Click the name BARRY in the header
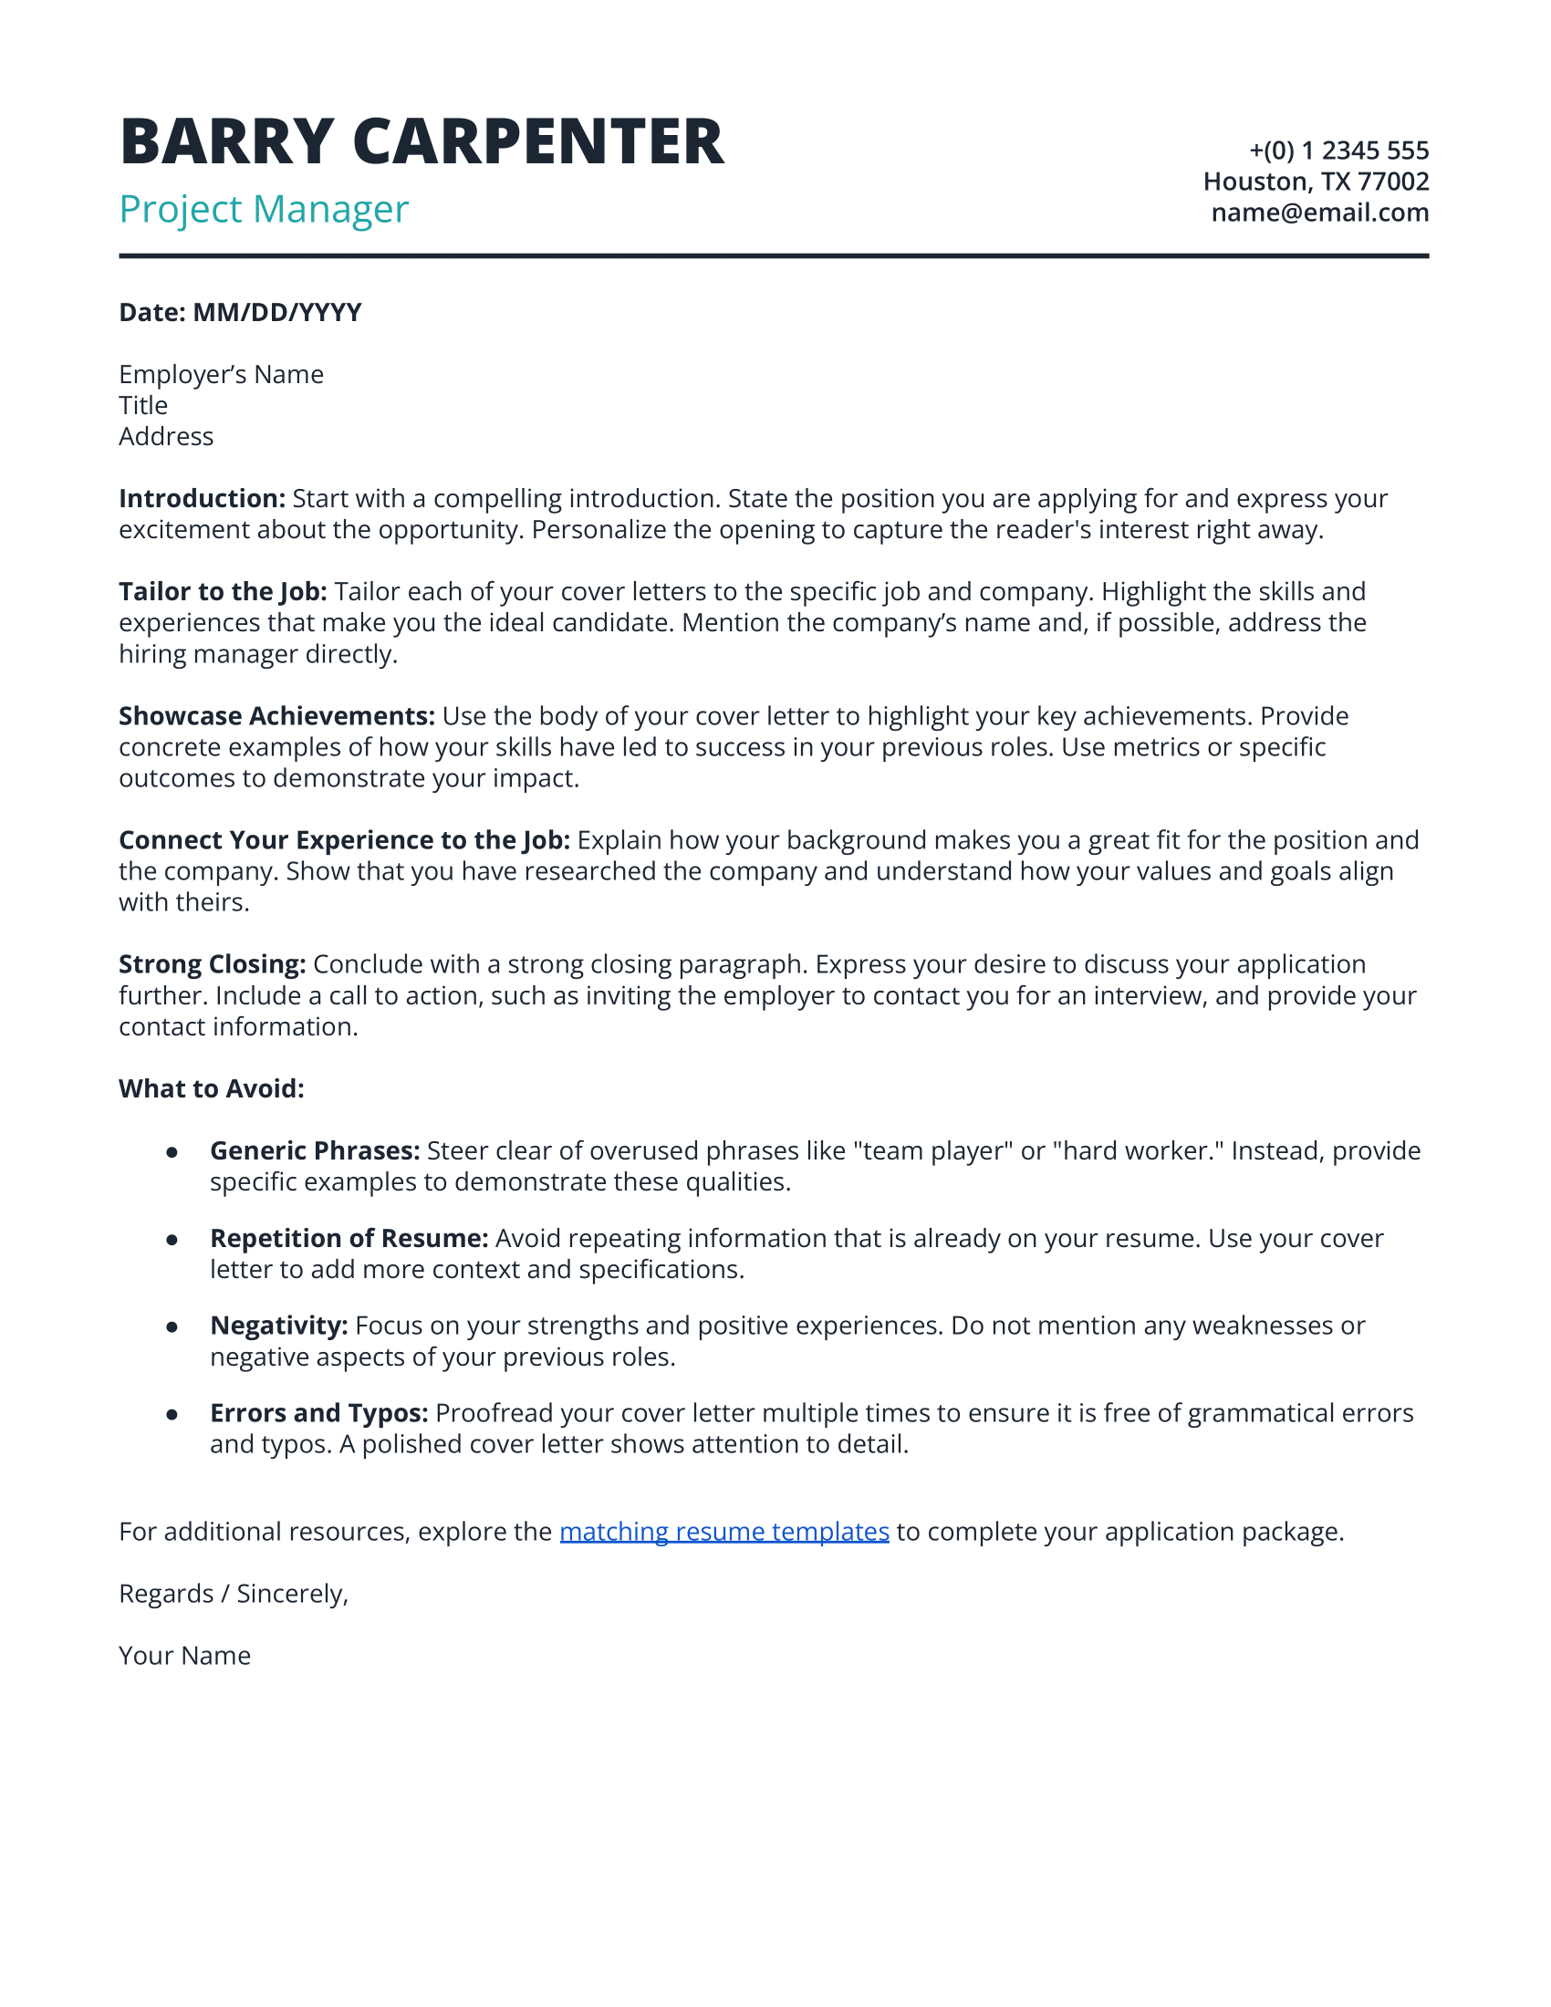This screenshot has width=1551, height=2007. point(226,142)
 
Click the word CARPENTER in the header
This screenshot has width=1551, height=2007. point(538,142)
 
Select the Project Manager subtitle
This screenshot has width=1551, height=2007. point(264,210)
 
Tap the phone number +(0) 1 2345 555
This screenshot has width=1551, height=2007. point(1338,150)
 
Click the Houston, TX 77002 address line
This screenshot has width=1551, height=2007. point(1316,181)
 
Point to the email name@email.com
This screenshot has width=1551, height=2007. point(1319,213)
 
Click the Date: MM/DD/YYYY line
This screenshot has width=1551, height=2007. point(240,312)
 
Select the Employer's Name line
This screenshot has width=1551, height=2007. point(221,375)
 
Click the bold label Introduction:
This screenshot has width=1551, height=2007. point(203,499)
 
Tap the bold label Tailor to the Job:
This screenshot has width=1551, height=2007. point(223,592)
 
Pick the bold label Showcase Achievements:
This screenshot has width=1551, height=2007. point(276,716)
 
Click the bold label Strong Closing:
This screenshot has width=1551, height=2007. point(213,964)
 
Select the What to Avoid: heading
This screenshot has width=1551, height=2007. point(212,1089)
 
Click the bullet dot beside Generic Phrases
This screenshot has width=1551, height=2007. point(172,1152)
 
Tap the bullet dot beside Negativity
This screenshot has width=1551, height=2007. point(172,1327)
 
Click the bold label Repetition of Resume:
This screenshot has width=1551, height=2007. point(349,1239)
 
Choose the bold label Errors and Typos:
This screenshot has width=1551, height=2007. point(318,1413)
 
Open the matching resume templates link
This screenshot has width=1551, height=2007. point(724,1532)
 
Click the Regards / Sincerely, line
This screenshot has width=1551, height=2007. point(234,1594)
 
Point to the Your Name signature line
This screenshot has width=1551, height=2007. point(184,1656)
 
